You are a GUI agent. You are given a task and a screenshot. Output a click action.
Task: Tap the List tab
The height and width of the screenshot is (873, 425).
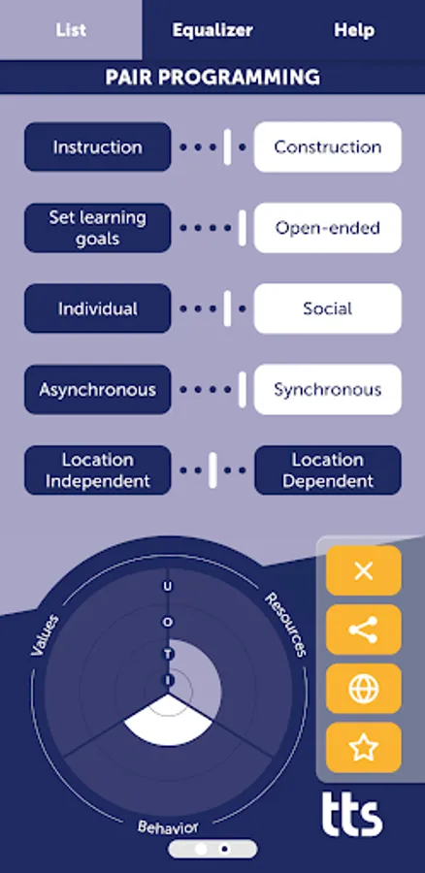[x=71, y=30]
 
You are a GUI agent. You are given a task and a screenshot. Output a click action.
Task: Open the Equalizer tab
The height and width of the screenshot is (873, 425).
[x=212, y=30]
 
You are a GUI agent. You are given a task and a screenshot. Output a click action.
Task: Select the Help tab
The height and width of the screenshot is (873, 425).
[x=354, y=30]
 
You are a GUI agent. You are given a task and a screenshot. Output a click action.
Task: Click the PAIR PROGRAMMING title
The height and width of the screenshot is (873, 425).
[x=212, y=78]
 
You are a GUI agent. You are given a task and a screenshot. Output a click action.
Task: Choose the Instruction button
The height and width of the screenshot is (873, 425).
[x=97, y=147]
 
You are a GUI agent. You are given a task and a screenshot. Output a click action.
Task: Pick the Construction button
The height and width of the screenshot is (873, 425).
[x=327, y=147]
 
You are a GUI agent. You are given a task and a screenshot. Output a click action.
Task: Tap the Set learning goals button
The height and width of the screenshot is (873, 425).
[x=97, y=228]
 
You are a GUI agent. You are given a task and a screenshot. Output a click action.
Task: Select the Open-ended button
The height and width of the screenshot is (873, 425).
[x=327, y=228]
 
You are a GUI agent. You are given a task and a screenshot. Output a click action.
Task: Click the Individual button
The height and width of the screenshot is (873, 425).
[x=97, y=308]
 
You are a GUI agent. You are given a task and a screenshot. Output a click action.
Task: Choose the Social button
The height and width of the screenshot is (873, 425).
[x=327, y=308]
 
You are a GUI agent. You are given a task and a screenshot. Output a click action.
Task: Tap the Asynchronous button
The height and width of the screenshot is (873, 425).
[x=97, y=390]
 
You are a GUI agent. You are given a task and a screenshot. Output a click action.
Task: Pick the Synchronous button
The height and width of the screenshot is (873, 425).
[x=327, y=390]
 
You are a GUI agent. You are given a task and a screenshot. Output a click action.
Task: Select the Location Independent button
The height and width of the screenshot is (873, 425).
[x=97, y=470]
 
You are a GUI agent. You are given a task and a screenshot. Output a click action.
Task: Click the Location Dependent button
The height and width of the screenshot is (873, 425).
[x=327, y=470]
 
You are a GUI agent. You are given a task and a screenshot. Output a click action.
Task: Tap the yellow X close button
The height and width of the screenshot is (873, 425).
[x=363, y=570]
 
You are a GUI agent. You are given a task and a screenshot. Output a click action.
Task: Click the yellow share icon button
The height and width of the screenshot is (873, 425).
[x=363, y=630]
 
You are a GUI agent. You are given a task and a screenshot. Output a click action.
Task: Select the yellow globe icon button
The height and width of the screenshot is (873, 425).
[x=363, y=689]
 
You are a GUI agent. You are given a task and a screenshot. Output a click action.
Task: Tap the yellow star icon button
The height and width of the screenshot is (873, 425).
[x=363, y=748]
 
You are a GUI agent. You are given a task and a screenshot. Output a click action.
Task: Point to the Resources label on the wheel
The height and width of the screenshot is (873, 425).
[x=286, y=624]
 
